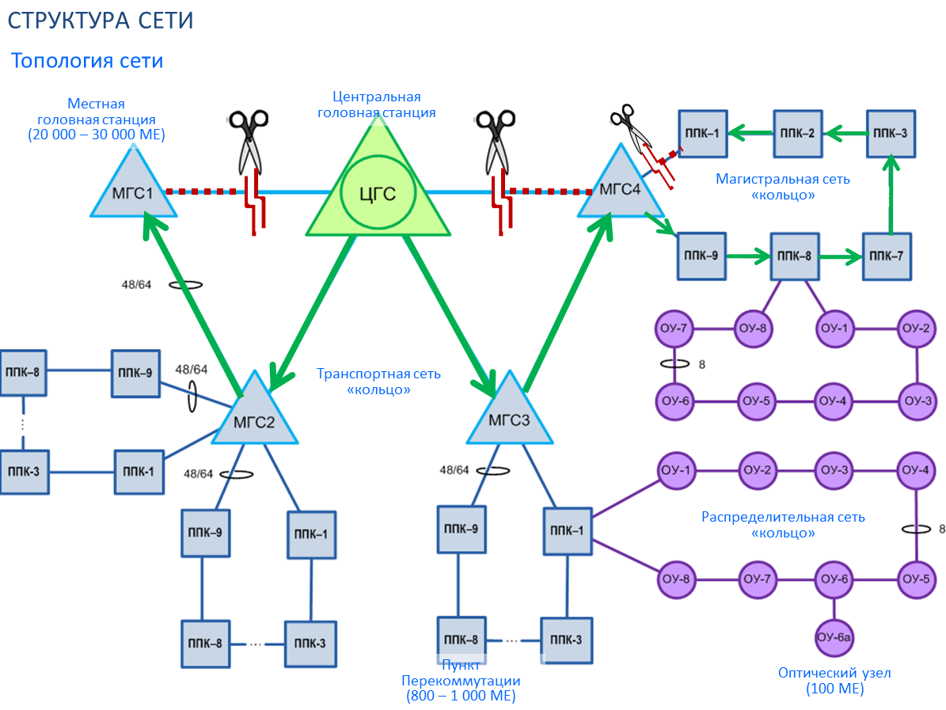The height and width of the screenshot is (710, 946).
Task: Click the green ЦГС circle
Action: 378,192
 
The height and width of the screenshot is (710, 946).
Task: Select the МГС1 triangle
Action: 133,188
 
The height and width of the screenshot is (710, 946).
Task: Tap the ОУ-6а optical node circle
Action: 836,637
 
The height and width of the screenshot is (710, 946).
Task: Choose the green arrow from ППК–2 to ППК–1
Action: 749,133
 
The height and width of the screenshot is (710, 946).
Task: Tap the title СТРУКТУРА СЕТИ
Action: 101,20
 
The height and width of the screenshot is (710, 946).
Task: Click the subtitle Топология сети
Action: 87,60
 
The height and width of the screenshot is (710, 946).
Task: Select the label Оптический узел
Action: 834,674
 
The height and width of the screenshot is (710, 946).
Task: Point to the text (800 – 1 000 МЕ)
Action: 461,697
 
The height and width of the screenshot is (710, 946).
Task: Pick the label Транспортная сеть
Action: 378,374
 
